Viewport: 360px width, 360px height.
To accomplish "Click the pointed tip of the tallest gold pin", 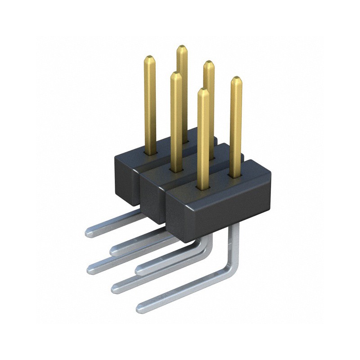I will (x=182, y=47).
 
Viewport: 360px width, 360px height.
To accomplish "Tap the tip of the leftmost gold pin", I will (x=149, y=57).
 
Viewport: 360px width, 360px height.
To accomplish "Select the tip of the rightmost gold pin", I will (x=236, y=78).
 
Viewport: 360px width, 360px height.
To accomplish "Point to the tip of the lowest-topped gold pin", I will (x=203, y=90).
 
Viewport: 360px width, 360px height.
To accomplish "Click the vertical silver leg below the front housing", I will (x=234, y=243).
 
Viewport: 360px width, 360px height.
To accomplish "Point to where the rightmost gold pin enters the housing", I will (x=235, y=175).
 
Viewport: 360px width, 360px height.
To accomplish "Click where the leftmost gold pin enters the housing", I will (x=150, y=152).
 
